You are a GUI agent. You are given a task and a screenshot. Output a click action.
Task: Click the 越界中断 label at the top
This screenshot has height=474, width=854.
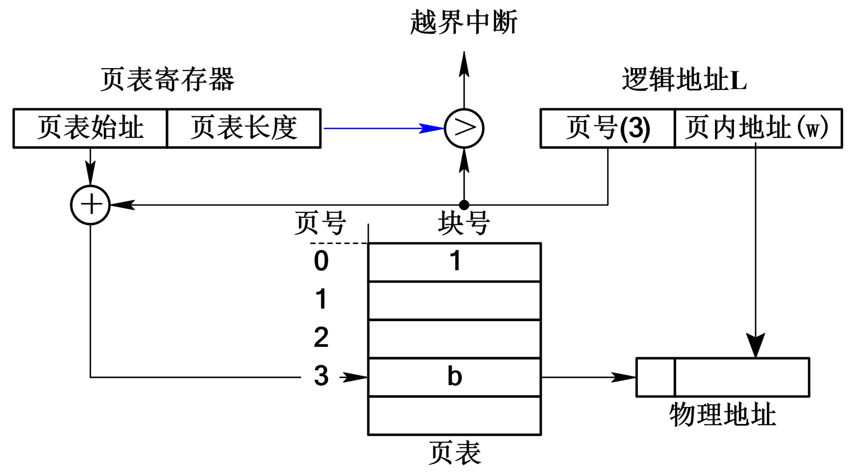[464, 22]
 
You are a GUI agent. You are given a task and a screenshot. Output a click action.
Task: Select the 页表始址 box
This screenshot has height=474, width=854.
[90, 128]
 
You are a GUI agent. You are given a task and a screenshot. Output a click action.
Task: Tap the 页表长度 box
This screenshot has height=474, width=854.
[244, 128]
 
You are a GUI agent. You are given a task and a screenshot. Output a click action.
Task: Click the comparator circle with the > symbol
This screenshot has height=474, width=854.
[464, 129]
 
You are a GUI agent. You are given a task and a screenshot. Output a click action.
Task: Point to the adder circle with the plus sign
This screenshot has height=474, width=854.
[90, 205]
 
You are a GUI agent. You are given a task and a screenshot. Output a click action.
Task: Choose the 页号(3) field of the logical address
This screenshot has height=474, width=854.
[608, 128]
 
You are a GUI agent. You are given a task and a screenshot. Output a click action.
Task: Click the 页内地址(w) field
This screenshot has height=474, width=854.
[758, 128]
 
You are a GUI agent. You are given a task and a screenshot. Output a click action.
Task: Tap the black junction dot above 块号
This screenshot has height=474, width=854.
[464, 205]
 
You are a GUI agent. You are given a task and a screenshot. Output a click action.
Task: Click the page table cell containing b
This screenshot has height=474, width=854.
[455, 377]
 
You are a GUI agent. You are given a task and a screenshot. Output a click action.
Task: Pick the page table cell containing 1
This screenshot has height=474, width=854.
[455, 262]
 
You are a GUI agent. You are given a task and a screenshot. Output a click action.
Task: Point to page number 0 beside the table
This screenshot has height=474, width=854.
[321, 261]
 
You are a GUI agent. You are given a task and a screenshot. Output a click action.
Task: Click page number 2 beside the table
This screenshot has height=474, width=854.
[321, 337]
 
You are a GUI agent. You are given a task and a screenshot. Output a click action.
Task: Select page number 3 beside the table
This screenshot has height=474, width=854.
[321, 376]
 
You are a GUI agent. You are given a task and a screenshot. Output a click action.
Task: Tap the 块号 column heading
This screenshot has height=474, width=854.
[464, 223]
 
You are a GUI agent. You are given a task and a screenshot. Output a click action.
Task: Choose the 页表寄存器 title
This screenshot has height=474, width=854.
[167, 79]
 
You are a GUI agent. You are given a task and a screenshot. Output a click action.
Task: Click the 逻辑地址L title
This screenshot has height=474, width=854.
[684, 79]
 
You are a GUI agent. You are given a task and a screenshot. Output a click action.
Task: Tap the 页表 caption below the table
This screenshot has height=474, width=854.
[455, 453]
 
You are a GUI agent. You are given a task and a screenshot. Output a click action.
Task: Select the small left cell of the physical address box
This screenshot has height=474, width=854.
[655, 377]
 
